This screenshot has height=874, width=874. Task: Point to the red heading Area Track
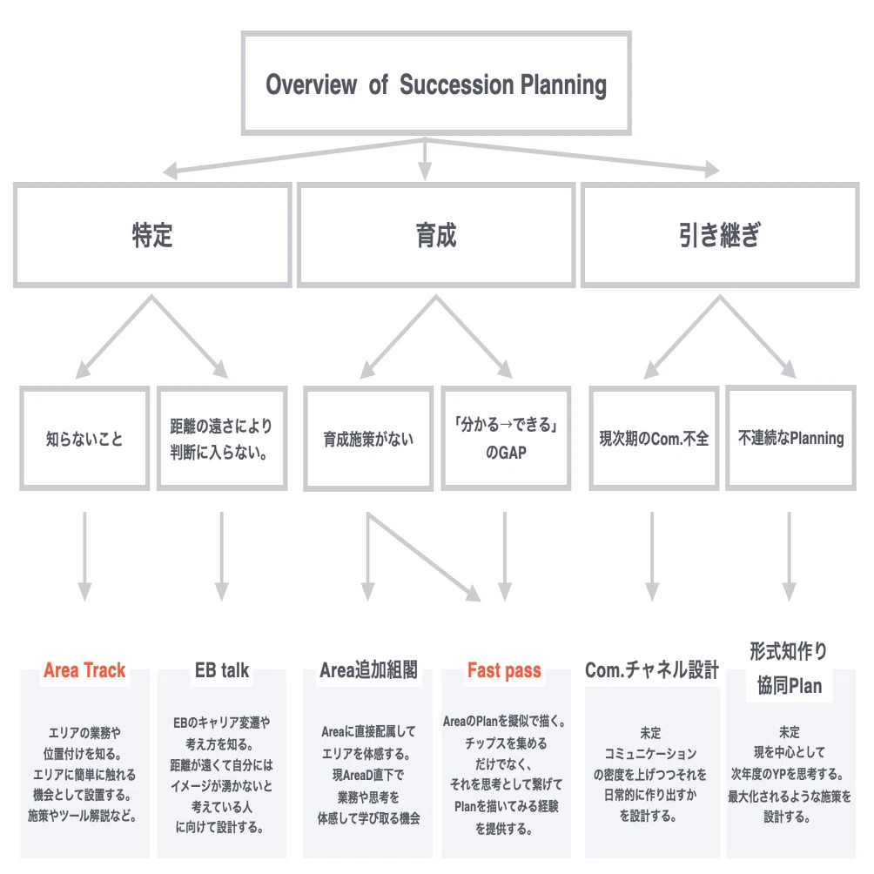pos(84,670)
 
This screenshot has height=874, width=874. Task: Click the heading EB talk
pos(222,670)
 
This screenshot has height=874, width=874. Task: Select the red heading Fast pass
pos(504,670)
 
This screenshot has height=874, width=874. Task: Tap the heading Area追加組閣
pos(368,670)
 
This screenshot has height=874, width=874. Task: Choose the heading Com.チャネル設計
pos(652,670)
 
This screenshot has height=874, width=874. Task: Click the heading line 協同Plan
pos(790,686)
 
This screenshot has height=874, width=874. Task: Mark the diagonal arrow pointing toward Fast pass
pos(424,557)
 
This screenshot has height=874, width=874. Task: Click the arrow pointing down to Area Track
pos(84,556)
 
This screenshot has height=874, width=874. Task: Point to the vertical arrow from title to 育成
pos(425,158)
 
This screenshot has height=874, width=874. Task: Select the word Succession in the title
pos(456,84)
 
